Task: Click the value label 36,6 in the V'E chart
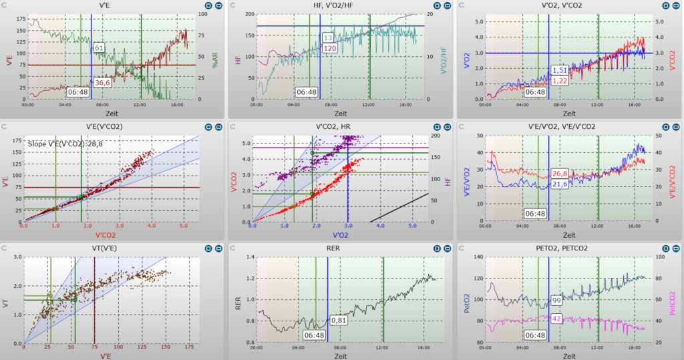pyautogui.click(x=102, y=82)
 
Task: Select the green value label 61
pyautogui.click(x=99, y=47)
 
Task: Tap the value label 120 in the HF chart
pyautogui.click(x=330, y=48)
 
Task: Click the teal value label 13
pyautogui.click(x=327, y=38)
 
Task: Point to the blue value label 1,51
pyautogui.click(x=560, y=70)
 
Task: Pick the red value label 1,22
pyautogui.click(x=560, y=81)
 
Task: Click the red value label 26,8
pyautogui.click(x=560, y=174)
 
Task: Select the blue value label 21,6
pyautogui.click(x=560, y=184)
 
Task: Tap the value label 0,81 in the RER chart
pyautogui.click(x=339, y=321)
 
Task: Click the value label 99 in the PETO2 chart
pyautogui.click(x=556, y=300)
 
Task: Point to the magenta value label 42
pyautogui.click(x=556, y=319)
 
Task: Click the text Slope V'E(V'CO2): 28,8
pyautogui.click(x=65, y=144)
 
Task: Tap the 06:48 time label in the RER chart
pyautogui.click(x=314, y=335)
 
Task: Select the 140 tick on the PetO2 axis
pyautogui.click(x=478, y=257)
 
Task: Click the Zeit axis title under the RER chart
pyautogui.click(x=341, y=356)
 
